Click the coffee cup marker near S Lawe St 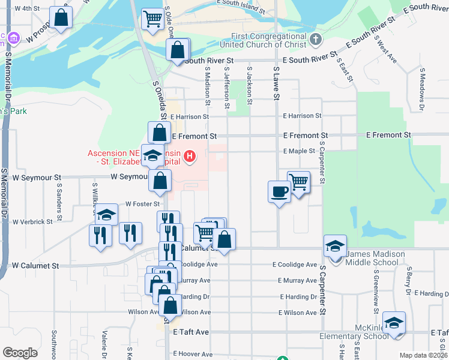click(279, 191)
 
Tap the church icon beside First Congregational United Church click(317, 40)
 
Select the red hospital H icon click(190, 157)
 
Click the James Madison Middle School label click(372, 258)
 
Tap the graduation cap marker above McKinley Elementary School click(394, 323)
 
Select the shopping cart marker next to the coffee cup click(298, 182)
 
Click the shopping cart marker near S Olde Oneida click(153, 19)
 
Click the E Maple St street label click(299, 151)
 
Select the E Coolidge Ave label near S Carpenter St click(294, 265)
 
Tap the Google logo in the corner click(20, 352)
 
